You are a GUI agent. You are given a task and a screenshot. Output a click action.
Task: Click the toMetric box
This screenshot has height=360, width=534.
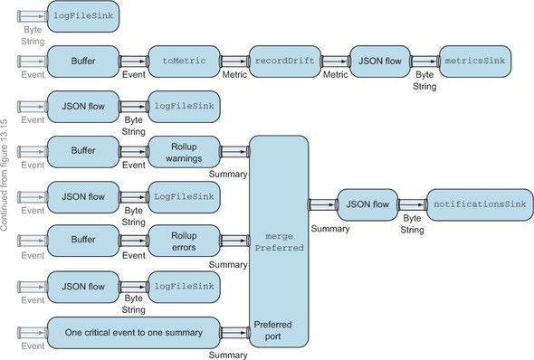(183, 61)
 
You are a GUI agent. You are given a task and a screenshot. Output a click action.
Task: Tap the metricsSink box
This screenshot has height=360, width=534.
(474, 61)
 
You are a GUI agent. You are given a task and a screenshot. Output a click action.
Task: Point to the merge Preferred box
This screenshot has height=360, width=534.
(279, 241)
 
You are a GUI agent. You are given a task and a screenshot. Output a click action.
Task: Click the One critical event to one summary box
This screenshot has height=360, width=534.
(133, 332)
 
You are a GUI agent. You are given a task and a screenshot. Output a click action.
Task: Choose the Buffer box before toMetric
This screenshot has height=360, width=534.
(82, 61)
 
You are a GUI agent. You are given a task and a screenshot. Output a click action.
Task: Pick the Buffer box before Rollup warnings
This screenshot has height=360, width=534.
(82, 151)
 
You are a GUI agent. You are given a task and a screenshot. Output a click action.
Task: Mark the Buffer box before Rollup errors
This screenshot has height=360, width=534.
(82, 242)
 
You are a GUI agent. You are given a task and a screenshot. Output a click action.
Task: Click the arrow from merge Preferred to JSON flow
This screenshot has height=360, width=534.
(322, 204)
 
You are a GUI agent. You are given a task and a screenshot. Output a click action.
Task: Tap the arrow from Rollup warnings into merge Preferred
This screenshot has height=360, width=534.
(235, 151)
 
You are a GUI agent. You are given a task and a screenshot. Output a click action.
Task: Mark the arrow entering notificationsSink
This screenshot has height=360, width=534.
(412, 204)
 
